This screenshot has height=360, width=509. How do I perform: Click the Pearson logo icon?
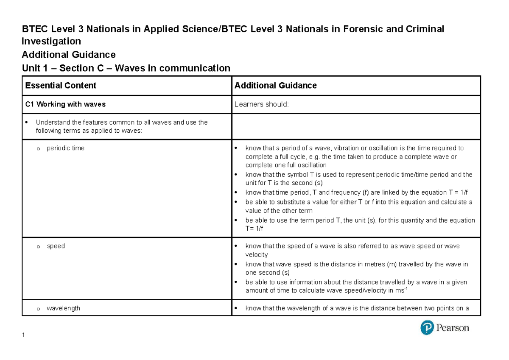click(427, 328)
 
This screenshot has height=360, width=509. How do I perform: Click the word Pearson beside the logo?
click(453, 328)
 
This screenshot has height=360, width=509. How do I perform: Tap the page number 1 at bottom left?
click(23, 335)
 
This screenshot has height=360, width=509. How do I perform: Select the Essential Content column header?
click(61, 86)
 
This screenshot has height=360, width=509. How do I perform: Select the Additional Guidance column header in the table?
click(275, 86)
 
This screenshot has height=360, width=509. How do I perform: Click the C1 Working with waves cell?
click(65, 104)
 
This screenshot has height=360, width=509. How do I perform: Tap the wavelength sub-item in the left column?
click(63, 308)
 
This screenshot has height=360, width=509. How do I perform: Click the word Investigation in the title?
click(51, 41)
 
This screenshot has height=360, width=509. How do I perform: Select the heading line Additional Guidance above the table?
click(68, 55)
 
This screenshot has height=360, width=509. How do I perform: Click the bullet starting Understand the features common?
click(122, 126)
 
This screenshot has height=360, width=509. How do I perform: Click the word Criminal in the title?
click(427, 29)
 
